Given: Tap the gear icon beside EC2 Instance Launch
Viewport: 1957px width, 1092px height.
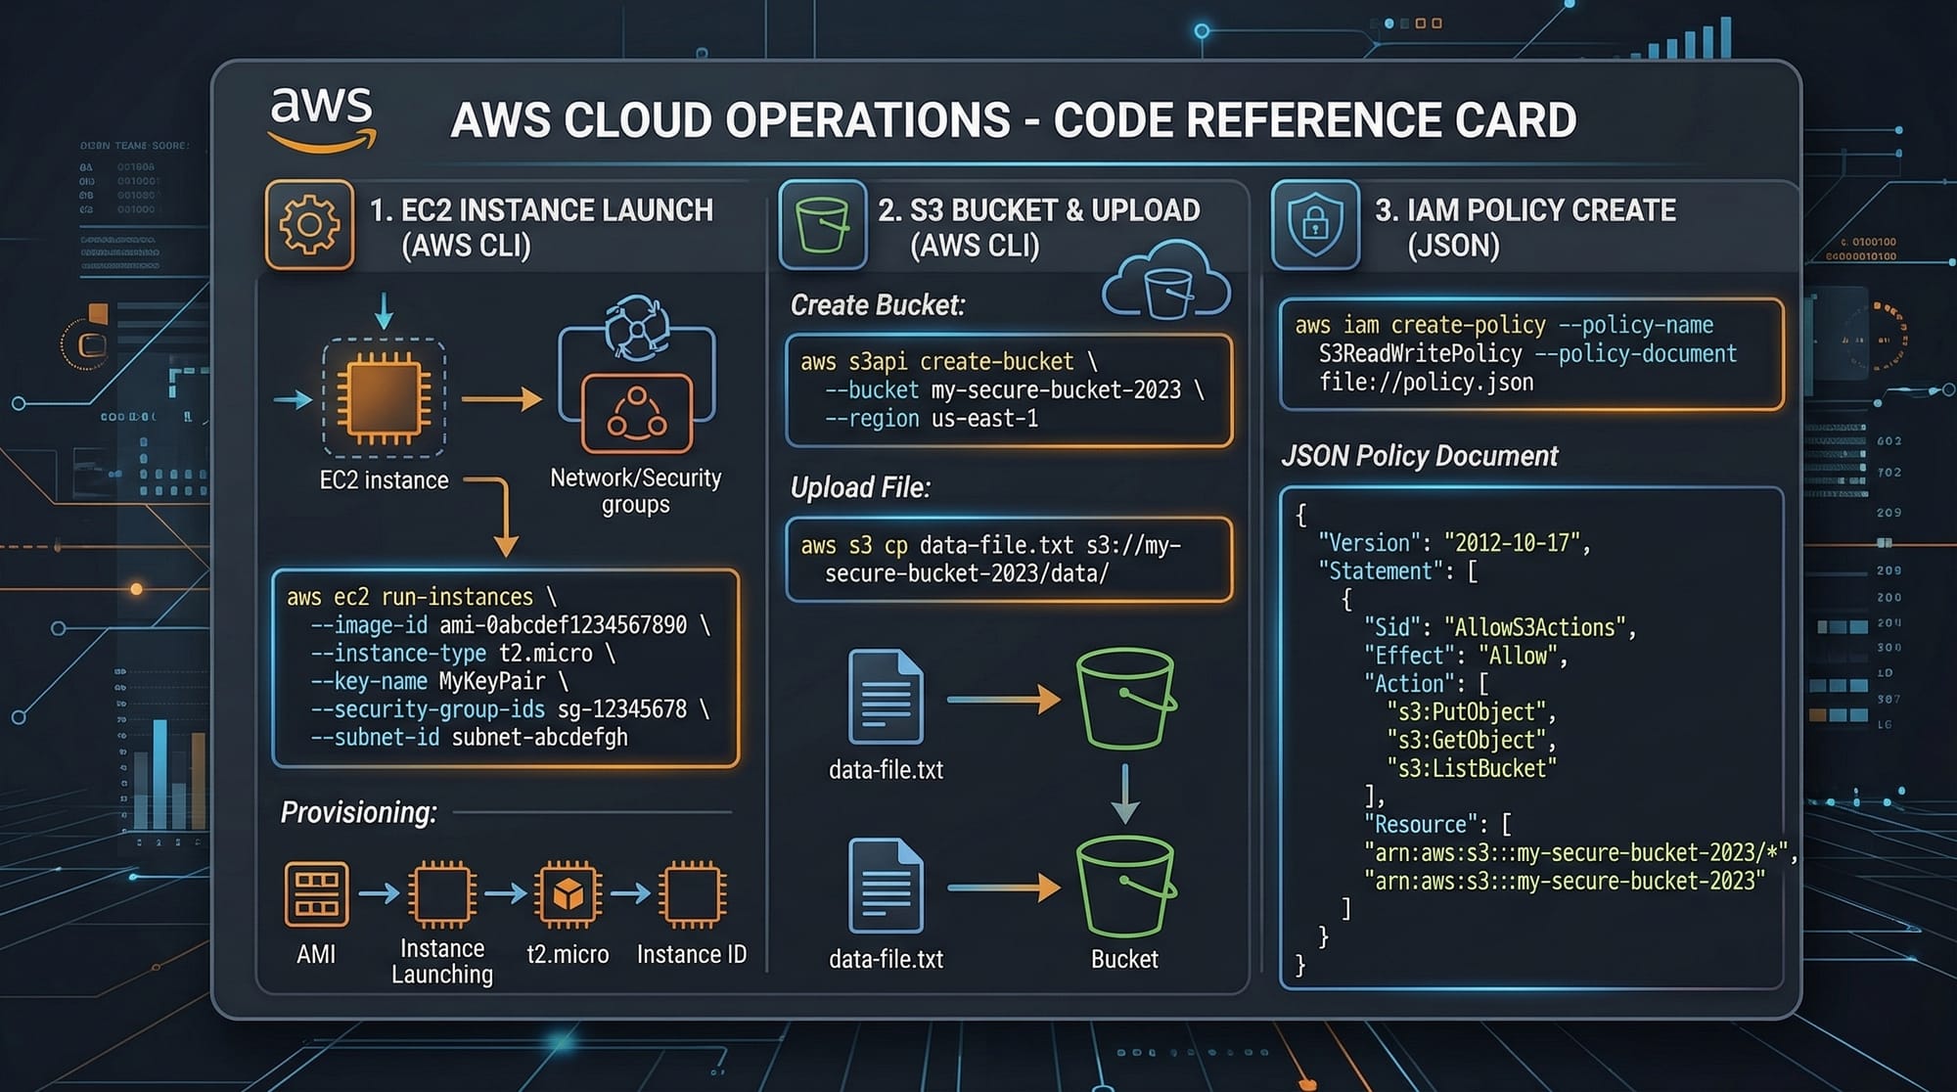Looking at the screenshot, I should point(309,225).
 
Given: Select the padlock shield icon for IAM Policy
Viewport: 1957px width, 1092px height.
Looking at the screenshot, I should point(1315,225).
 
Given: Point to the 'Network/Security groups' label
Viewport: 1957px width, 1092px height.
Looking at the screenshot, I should point(636,491).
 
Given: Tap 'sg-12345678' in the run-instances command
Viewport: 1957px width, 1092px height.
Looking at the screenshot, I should point(621,709).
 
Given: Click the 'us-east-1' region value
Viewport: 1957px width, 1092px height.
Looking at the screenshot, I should point(984,419).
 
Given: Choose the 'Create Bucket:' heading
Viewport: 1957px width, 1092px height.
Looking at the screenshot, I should point(878,305).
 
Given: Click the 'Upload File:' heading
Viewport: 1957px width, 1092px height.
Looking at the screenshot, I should point(860,487).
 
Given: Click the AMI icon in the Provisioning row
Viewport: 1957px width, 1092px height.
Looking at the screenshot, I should point(315,893).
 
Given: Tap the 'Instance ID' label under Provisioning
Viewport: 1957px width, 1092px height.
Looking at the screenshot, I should point(691,954).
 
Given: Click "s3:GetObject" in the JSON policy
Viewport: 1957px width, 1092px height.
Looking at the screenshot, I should point(1467,741).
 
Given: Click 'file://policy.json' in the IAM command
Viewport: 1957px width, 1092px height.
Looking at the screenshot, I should point(1426,383).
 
